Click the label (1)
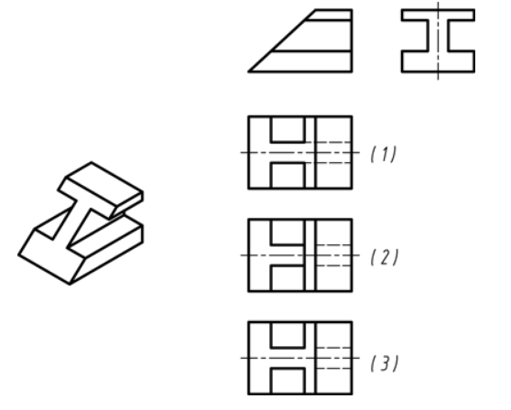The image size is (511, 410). [384, 154]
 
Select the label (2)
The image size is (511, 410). [385, 257]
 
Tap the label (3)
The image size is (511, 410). [385, 363]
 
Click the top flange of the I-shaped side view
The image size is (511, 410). [438, 15]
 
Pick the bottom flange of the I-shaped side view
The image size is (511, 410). [438, 61]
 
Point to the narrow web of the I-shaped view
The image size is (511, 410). [438, 36]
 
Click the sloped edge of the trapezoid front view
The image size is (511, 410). [282, 40]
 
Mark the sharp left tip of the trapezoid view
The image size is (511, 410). [249, 71]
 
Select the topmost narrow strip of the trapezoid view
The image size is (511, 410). [329, 15]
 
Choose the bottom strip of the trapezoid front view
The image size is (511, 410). [307, 61]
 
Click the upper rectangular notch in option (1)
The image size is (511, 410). [288, 129]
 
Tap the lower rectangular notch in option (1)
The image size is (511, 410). [288, 175]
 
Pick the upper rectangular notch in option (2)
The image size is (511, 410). [288, 232]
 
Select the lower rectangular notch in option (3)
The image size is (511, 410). [288, 381]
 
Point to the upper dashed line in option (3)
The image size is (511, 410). [333, 348]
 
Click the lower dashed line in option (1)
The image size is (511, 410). [329, 163]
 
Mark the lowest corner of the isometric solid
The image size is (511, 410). [71, 285]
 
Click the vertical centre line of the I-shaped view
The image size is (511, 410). [438, 40]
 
